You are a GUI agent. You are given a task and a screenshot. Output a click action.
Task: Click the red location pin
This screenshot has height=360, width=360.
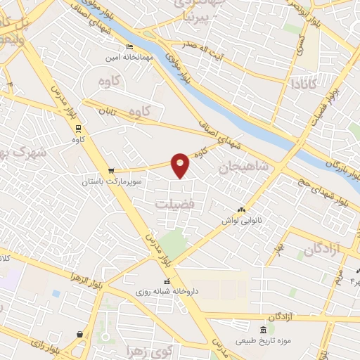coord(181,165)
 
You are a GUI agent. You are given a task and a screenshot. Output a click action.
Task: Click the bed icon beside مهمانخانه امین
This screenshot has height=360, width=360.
coord(128,47)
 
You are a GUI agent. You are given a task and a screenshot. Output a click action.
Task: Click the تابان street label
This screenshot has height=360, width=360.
coord(105,111)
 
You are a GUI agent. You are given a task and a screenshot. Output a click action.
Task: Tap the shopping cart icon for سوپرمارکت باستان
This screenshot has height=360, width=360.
coord(111,172)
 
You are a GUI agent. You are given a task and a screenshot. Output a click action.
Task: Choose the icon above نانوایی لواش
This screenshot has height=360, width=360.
coord(242,210)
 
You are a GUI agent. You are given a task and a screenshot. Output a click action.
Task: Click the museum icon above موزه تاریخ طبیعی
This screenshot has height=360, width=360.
coord(263,330)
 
